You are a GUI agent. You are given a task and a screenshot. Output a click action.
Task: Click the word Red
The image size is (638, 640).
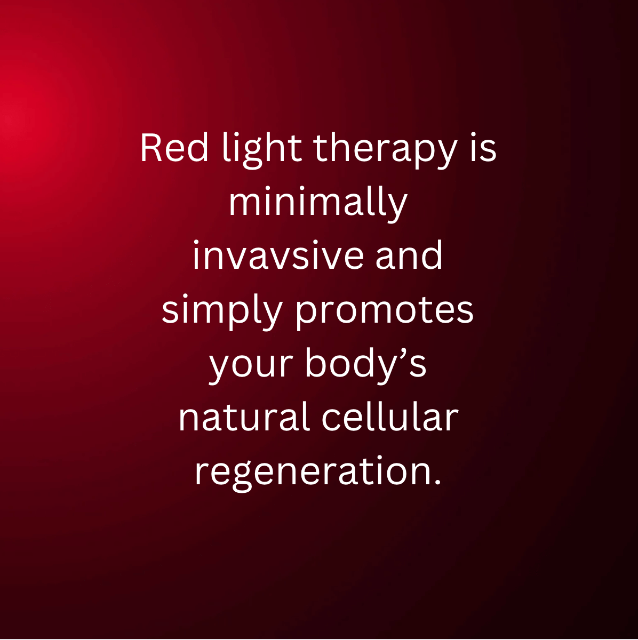pos(174,148)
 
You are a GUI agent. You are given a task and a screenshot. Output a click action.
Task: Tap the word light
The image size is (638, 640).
pos(262,151)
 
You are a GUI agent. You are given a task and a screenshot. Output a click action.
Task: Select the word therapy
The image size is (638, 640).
pos(385,151)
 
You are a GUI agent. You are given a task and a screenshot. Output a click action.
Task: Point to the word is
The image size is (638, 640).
pos(483,148)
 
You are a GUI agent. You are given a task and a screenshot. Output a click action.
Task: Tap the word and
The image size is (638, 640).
pos(409,255)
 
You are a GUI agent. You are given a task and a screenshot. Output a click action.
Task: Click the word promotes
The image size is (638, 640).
pos(385,312)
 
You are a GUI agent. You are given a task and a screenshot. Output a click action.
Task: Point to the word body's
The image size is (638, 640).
pos(365,365)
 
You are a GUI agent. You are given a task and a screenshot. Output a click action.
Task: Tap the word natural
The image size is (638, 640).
pos(244,416)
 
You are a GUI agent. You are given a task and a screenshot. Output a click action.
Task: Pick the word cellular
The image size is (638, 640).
pos(390,416)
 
